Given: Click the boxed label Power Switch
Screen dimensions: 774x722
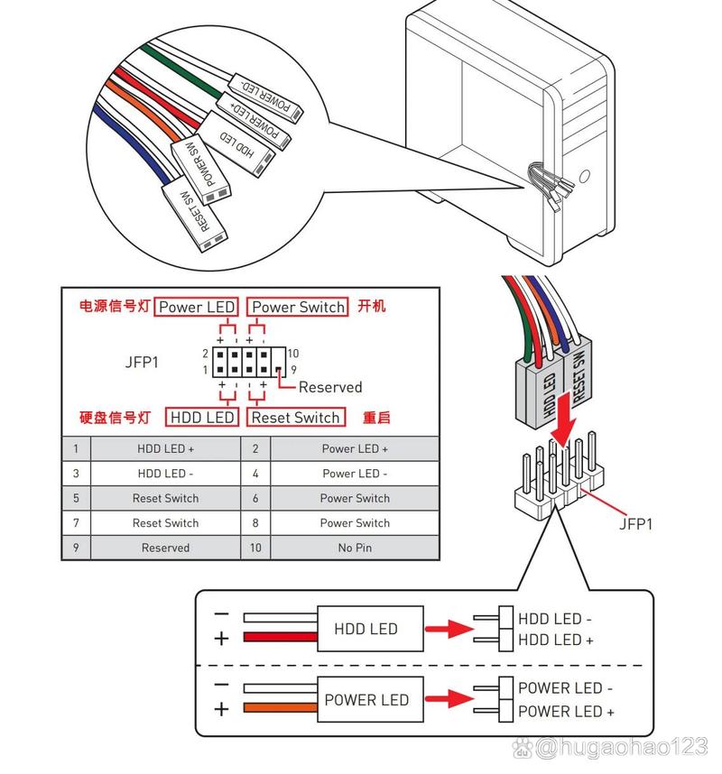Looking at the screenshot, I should pos(298,307).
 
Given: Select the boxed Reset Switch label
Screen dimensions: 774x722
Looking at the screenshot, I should pos(296,418).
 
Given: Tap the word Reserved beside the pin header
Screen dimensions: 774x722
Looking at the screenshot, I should pos(329,387).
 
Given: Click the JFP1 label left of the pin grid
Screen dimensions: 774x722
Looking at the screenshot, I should pos(142,363).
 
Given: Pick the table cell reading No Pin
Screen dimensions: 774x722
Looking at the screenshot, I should pos(355,548).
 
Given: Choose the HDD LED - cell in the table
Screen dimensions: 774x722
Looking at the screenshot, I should pos(165,473).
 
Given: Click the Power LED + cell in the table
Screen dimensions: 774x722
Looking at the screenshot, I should pos(355,448).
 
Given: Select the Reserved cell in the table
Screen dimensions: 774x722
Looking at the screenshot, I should pos(165,548).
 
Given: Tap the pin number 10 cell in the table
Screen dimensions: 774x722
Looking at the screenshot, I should pos(255,548).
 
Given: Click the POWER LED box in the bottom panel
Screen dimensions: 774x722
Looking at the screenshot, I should pos(366,699).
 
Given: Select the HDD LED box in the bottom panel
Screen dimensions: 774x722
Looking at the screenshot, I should pos(366,629).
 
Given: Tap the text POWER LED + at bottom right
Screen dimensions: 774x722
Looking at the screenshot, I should pos(566,711).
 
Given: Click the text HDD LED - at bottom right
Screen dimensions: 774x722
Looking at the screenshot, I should pos(555,619).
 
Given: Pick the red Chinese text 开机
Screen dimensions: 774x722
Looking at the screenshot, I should pos(372,307).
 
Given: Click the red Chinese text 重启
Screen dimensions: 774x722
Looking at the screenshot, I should pos(376,418).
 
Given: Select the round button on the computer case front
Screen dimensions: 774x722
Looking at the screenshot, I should pos(588,174).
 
